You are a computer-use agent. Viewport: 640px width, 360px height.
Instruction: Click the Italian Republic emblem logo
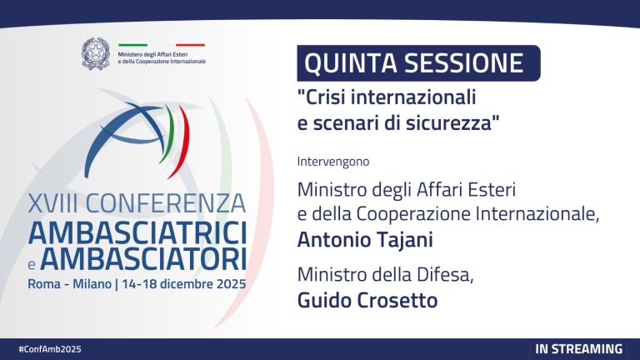coord(96,53)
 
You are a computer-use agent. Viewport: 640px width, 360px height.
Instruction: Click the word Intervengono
coord(333,160)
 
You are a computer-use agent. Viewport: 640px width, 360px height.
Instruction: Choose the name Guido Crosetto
coord(367,300)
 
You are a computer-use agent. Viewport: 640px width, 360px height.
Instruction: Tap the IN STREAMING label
coord(578,348)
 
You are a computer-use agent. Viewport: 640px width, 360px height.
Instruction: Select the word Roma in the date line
coord(44,283)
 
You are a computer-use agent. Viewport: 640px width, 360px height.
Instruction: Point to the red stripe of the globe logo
coord(182,133)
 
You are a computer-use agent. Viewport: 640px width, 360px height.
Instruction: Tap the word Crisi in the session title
coord(322,98)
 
